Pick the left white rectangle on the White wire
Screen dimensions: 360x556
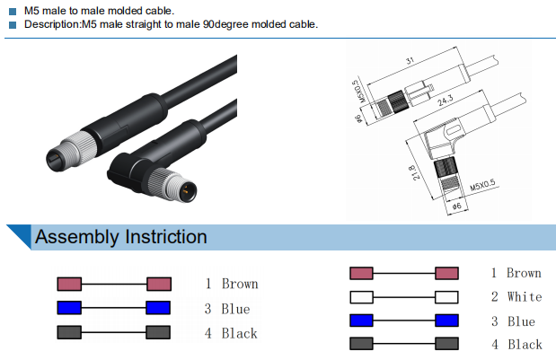click(361, 297)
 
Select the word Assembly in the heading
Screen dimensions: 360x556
click(77, 237)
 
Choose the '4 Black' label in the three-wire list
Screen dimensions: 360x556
click(231, 333)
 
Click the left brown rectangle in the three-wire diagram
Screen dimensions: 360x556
click(70, 284)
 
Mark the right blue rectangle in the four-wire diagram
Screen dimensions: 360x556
click(446, 320)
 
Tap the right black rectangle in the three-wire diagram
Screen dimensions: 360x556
click(158, 333)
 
